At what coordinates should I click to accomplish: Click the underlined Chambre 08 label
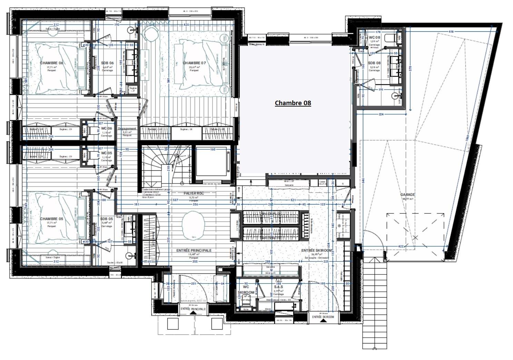[x=293, y=103]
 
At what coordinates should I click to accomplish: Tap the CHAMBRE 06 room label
[x=51, y=63]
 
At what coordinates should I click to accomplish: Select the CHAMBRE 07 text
[x=194, y=63]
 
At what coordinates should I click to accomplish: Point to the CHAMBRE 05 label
[x=51, y=219]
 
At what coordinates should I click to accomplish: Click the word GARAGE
[x=407, y=194]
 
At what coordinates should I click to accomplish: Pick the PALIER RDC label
[x=194, y=193]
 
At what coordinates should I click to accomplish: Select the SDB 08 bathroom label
[x=374, y=63]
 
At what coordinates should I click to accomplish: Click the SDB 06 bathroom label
[x=107, y=63]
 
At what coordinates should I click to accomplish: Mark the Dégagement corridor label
[x=127, y=129]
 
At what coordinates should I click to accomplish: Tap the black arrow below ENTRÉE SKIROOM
[x=323, y=321]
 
